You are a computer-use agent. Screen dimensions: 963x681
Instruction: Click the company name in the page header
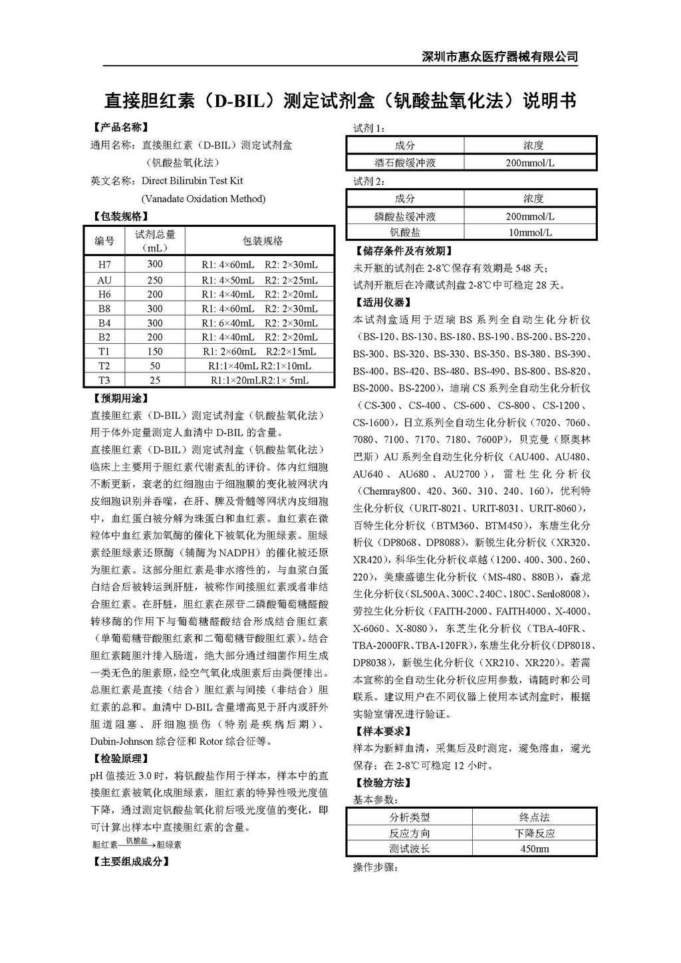(x=500, y=57)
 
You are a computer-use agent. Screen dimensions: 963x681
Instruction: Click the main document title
(x=340, y=100)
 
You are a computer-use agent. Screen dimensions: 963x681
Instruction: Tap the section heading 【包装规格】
(x=120, y=216)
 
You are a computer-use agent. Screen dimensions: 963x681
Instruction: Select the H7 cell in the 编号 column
(x=104, y=265)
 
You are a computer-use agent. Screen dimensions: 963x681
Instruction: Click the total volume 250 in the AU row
(x=155, y=280)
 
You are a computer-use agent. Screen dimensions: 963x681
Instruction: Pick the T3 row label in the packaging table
(x=104, y=380)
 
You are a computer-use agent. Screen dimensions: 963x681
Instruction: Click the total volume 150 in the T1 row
(x=155, y=351)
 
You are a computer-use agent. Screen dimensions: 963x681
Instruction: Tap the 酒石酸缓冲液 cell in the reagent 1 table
(x=405, y=163)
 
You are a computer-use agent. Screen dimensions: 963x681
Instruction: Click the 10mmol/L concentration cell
(x=530, y=233)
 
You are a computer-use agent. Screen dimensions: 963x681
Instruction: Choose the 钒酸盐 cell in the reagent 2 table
(x=405, y=233)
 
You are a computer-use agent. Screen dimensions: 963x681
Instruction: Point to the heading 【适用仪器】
(x=383, y=303)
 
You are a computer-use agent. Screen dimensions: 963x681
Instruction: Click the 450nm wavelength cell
(x=534, y=849)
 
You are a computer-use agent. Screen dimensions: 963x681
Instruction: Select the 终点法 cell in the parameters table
(x=534, y=817)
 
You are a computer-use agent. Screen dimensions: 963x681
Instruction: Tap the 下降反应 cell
(x=534, y=833)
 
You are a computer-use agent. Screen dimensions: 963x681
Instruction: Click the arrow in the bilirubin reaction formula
(x=137, y=845)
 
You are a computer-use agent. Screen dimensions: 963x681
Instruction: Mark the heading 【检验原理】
(x=120, y=758)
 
